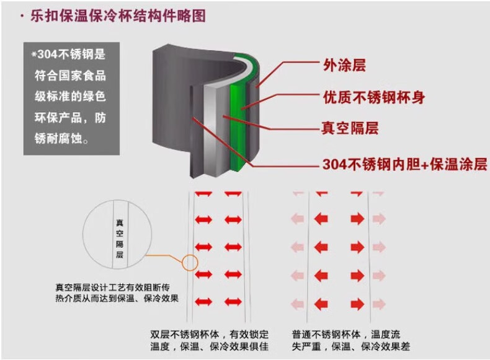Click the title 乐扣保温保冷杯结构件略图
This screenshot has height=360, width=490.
click(x=118, y=15)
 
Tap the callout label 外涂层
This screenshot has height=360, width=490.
click(x=344, y=65)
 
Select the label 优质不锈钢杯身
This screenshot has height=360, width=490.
click(x=374, y=97)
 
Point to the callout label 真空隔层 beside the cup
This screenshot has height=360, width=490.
click(x=350, y=128)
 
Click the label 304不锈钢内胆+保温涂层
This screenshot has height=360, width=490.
click(x=404, y=164)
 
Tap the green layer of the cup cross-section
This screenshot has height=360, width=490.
click(x=237, y=125)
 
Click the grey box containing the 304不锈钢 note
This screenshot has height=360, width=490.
click(x=71, y=99)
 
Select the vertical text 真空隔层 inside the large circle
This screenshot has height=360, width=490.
click(x=120, y=239)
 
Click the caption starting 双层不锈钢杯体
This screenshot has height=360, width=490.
click(x=210, y=340)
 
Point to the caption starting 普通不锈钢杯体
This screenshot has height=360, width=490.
click(x=351, y=340)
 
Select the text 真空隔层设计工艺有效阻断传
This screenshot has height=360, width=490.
click(x=112, y=288)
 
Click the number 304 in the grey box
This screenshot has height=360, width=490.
click(x=48, y=55)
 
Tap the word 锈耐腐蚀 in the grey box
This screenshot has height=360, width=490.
click(x=58, y=138)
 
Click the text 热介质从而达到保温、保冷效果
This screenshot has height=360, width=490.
click(x=117, y=298)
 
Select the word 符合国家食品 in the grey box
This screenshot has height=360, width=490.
click(x=70, y=76)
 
